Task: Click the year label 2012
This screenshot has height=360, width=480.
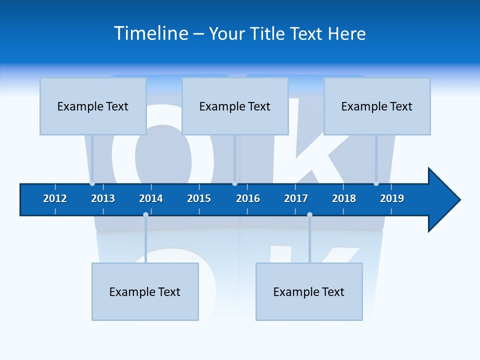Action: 55,198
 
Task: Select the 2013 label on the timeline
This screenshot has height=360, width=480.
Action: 103,198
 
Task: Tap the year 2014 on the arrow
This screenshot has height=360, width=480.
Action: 151,198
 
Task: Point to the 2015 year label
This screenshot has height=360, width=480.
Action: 199,198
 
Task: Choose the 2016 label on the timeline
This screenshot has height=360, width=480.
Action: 248,198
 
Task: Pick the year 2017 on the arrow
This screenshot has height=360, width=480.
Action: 296,198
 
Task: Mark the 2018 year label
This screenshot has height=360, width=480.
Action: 344,198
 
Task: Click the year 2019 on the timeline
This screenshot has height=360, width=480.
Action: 392,198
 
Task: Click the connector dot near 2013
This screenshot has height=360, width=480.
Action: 92,183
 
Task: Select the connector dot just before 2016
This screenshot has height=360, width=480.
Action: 234,183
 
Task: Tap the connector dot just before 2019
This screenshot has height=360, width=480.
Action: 376,183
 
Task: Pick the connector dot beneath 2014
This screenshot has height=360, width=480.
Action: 145,214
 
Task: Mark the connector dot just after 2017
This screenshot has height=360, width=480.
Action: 309,214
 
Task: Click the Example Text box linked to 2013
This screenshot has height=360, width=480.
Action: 93,106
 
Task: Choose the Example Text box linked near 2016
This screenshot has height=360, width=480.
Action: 235,106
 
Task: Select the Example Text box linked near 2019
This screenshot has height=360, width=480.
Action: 377,106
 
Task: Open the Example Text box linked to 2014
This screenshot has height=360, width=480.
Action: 145,291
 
